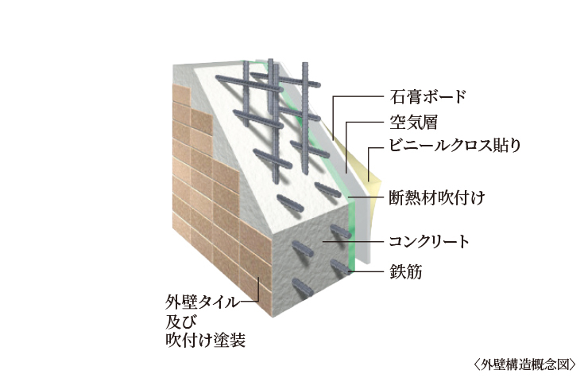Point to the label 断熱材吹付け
(x=434, y=195)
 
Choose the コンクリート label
(x=429, y=240)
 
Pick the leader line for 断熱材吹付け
(x=373, y=195)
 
